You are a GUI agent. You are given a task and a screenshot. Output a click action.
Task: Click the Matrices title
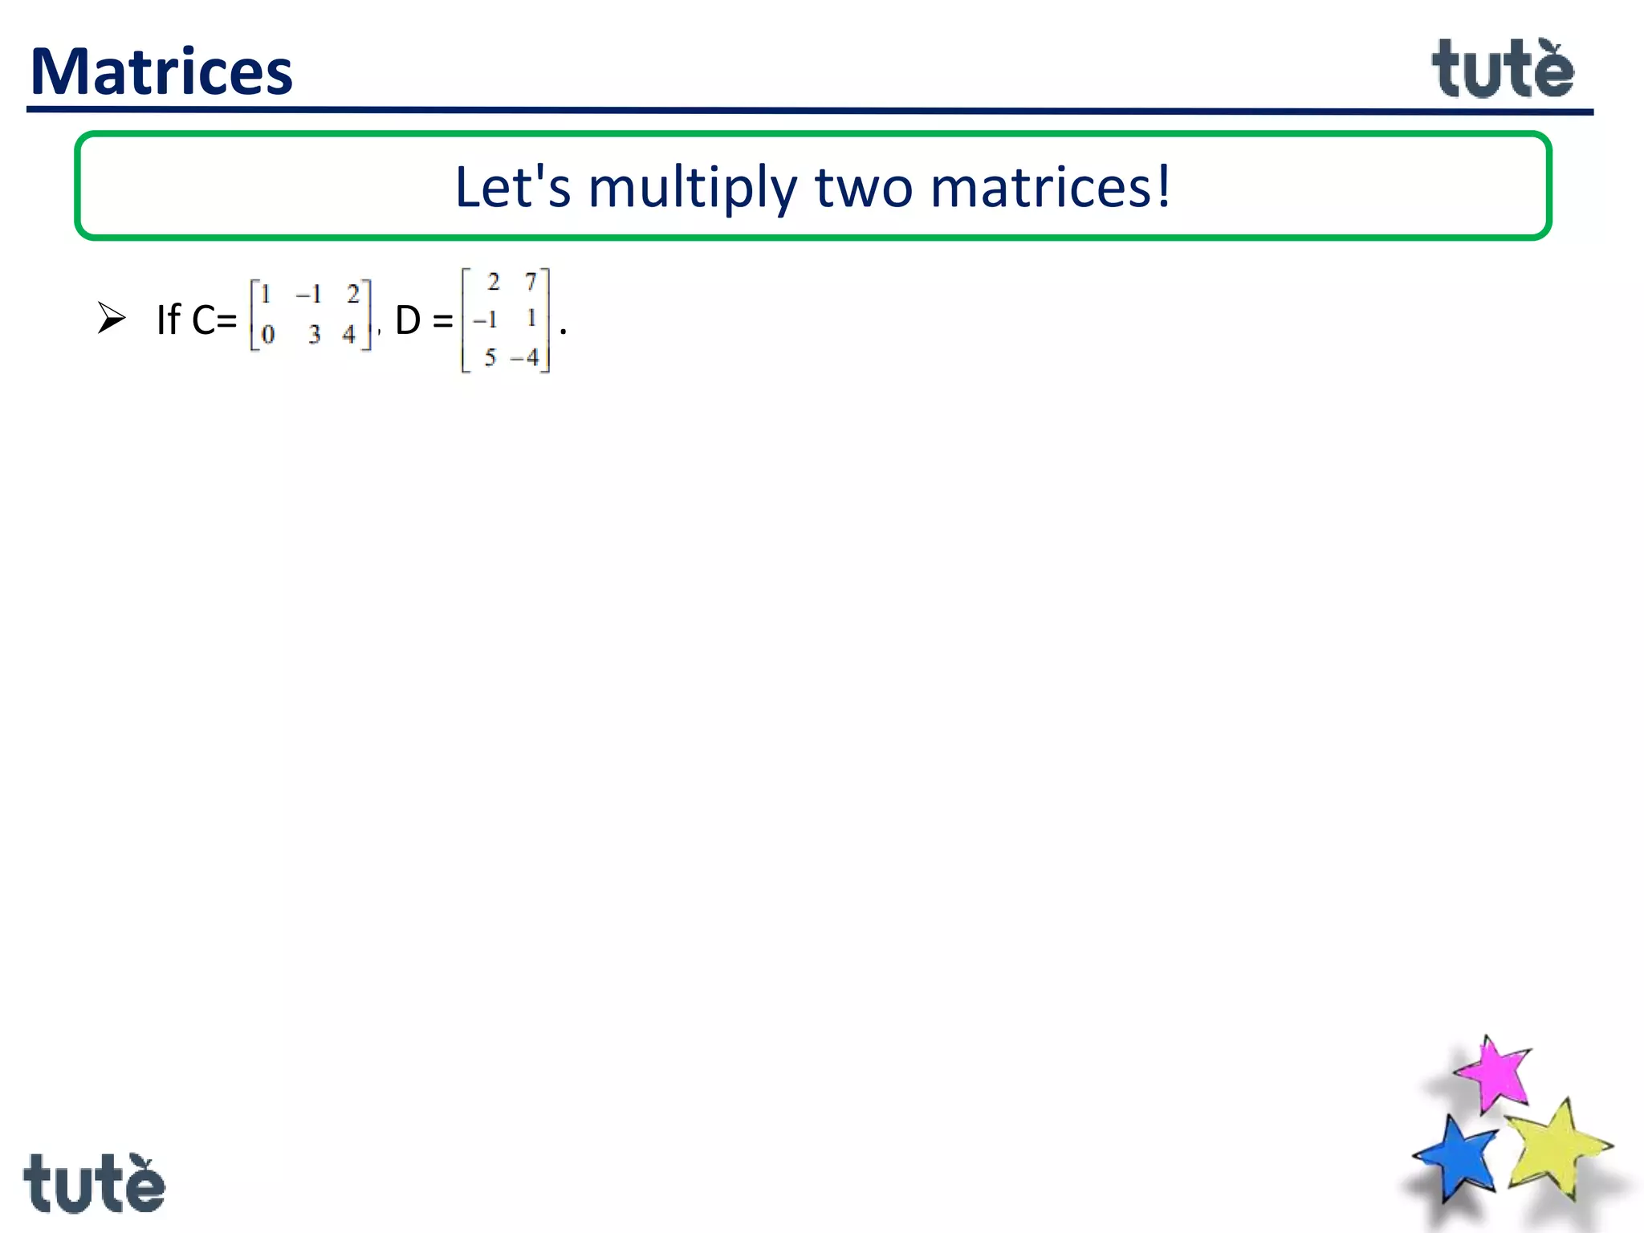161,72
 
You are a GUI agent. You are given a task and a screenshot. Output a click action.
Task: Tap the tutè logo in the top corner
1503,70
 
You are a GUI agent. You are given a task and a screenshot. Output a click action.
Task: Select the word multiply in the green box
693,188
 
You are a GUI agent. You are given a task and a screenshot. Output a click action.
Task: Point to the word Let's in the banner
512,186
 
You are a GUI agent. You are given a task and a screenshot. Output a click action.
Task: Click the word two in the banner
864,188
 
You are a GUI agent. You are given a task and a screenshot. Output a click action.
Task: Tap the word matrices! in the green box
1050,186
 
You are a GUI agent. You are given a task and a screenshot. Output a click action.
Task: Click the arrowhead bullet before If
111,318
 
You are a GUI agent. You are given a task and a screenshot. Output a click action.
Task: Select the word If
169,319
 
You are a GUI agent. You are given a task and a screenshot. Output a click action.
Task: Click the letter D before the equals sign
408,320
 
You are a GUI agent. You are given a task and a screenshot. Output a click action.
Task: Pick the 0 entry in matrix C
268,334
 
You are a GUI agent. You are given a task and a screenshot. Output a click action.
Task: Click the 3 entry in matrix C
314,334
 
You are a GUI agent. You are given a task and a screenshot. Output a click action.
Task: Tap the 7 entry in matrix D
531,282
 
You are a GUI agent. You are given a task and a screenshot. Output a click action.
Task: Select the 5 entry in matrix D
490,357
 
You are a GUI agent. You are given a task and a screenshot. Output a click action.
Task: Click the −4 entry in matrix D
525,357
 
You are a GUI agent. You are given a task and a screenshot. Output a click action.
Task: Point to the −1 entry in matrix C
309,295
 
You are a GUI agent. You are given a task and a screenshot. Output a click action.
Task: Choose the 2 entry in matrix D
493,282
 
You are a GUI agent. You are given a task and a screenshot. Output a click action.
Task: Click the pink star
1493,1074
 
